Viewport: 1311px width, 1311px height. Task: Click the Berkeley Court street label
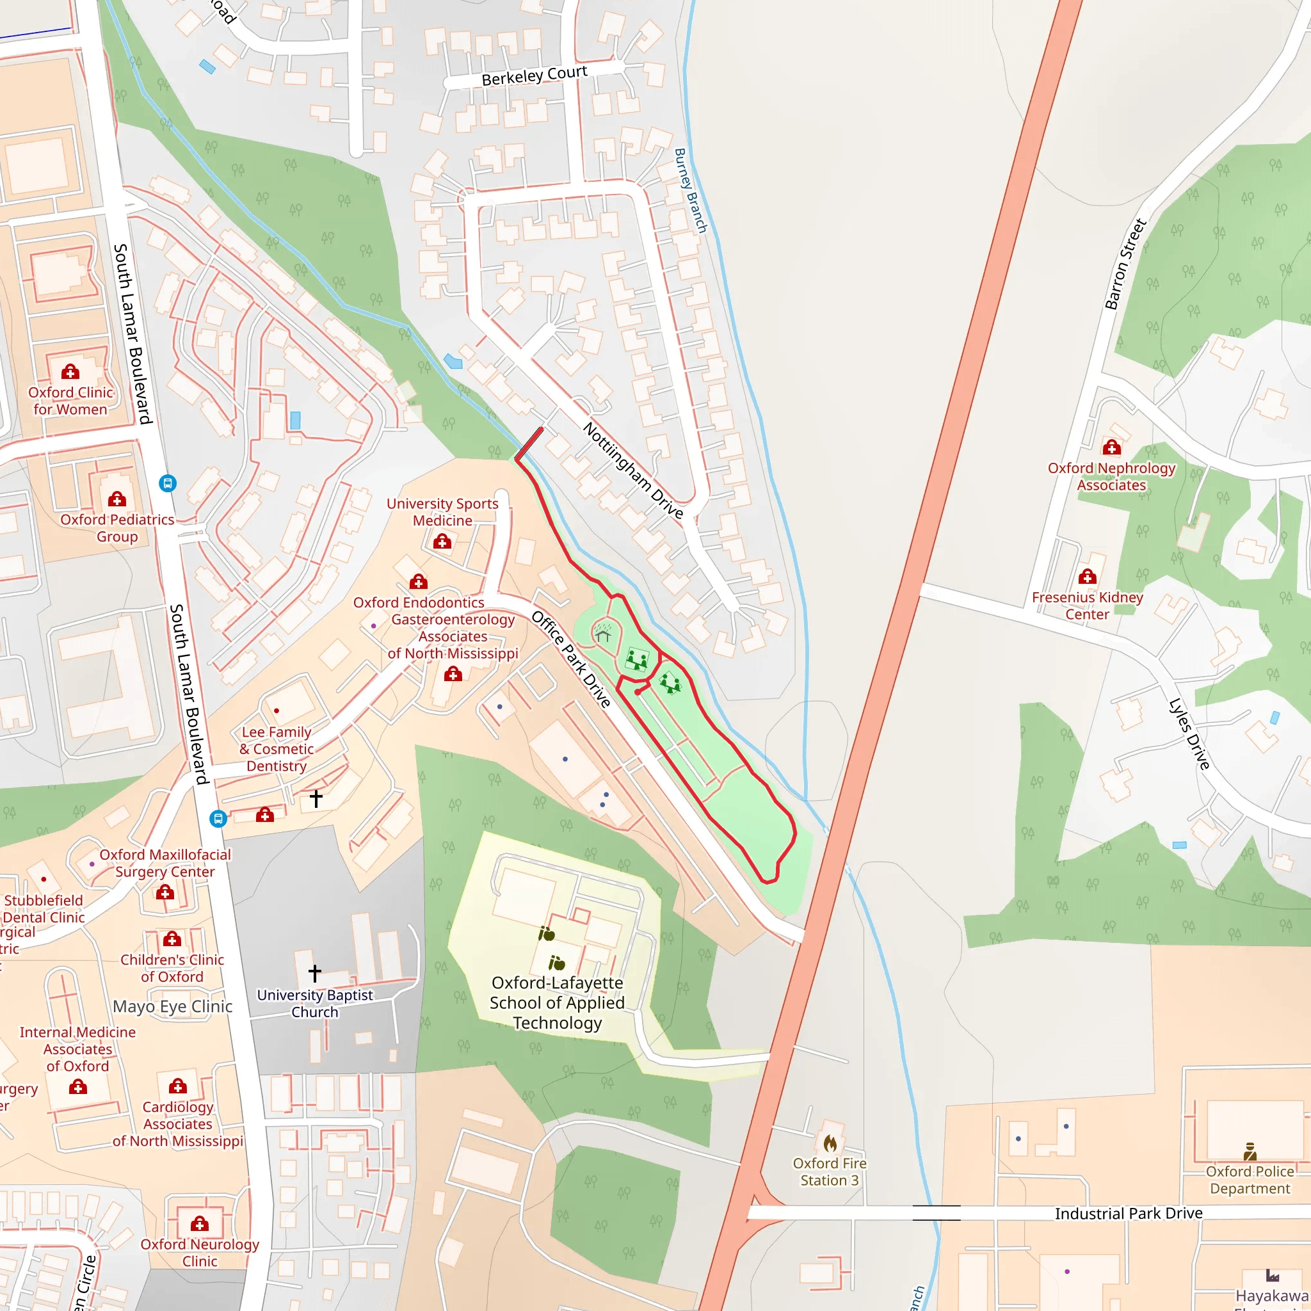coord(534,76)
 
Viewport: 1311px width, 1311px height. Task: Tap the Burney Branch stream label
coord(690,191)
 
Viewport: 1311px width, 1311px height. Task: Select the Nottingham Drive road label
coord(632,471)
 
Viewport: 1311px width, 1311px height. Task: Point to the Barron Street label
coord(1125,264)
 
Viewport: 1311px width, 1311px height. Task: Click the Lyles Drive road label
coord(1189,734)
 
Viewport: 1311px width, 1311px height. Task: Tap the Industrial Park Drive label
coord(1129,1212)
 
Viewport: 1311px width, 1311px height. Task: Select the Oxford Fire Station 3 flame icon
coord(830,1143)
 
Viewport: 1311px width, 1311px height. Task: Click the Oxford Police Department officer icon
coord(1250,1151)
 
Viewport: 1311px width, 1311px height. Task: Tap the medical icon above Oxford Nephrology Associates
coord(1111,447)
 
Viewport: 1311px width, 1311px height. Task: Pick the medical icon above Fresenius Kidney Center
coord(1087,576)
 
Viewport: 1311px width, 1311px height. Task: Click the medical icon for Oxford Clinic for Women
coord(70,371)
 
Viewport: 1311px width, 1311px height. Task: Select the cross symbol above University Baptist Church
coord(315,973)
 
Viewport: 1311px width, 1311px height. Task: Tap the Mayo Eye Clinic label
coord(172,1006)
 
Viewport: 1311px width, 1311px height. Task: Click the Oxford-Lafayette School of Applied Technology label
coord(557,1002)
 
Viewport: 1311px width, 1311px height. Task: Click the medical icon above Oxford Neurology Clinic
coord(200,1223)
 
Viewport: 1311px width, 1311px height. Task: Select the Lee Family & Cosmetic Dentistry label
coord(276,748)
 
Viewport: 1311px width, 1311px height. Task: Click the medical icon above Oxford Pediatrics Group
coord(117,499)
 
